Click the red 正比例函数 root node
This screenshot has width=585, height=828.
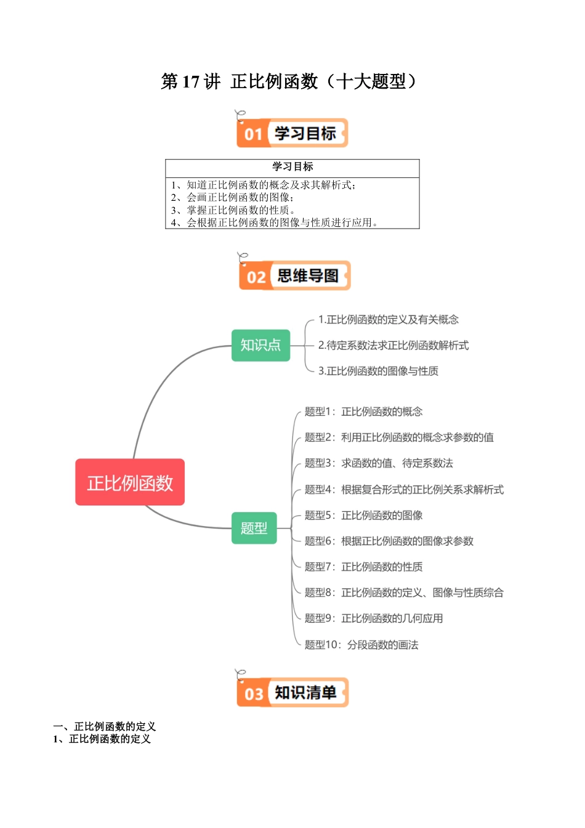130,482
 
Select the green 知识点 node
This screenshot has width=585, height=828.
260,345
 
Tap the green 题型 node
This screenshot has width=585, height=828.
254,528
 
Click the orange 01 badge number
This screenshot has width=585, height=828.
253,134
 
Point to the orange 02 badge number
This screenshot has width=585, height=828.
256,277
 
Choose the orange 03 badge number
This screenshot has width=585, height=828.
254,694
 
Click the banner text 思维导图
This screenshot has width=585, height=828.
308,275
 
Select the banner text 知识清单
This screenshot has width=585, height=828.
305,692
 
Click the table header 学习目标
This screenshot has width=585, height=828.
292,167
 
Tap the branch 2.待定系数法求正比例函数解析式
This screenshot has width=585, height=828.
393,346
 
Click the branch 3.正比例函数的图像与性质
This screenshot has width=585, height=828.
378,371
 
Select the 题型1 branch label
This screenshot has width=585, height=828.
363,412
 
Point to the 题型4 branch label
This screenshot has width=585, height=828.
404,490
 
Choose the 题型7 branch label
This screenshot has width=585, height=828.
363,567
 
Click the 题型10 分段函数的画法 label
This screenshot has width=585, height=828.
361,645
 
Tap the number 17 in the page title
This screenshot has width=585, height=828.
191,81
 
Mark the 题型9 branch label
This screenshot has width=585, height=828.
374,619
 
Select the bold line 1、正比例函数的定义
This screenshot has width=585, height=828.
102,739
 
